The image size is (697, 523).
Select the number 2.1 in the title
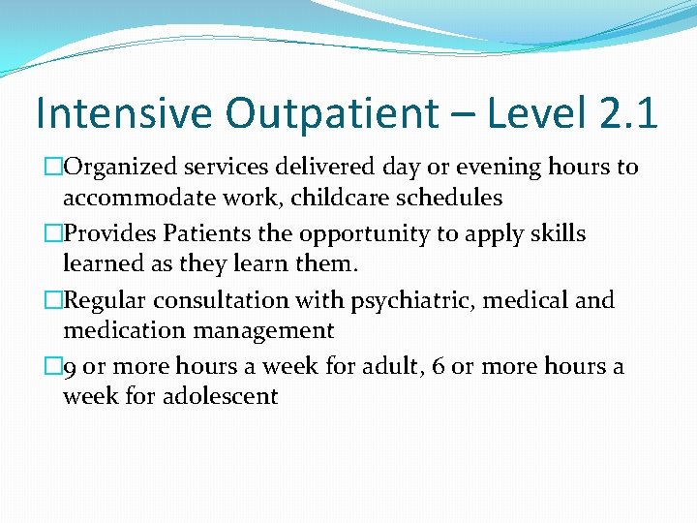[x=625, y=113]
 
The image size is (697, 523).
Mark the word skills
[x=556, y=234]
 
